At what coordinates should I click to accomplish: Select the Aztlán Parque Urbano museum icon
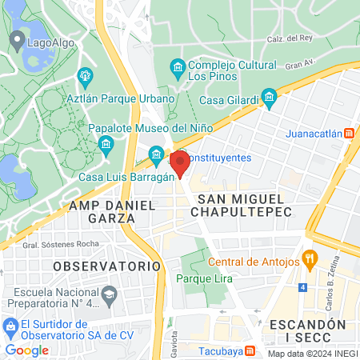[85, 77]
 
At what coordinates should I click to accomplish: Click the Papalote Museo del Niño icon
[106, 143]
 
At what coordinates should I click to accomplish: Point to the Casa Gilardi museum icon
[270, 99]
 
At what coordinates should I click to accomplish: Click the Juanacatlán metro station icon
[349, 134]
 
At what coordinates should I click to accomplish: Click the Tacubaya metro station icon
[250, 350]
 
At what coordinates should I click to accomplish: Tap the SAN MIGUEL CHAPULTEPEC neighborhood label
[240, 205]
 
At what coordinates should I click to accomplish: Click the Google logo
[26, 350]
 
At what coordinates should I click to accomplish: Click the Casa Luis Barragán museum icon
[155, 153]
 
